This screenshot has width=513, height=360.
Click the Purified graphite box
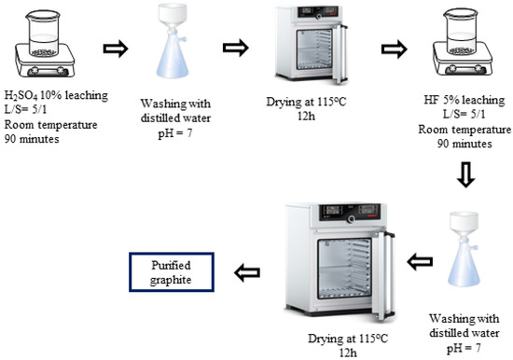pos(172,270)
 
